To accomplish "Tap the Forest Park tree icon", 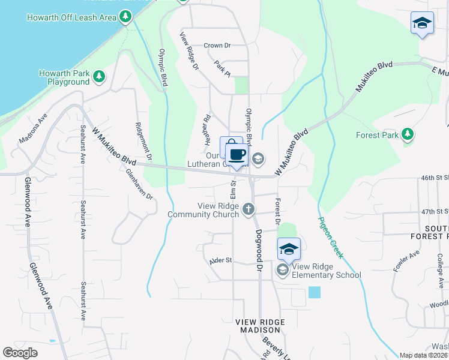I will (x=408, y=134).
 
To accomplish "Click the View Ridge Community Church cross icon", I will (x=249, y=209).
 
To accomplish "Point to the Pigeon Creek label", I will (x=330, y=238).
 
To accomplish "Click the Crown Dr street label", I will (x=217, y=45).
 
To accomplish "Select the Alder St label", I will (x=220, y=260).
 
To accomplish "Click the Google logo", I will (x=20, y=353).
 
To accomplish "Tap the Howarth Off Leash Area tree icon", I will (x=125, y=17).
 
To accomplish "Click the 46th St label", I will (x=435, y=178).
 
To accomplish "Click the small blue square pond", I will (x=314, y=292).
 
